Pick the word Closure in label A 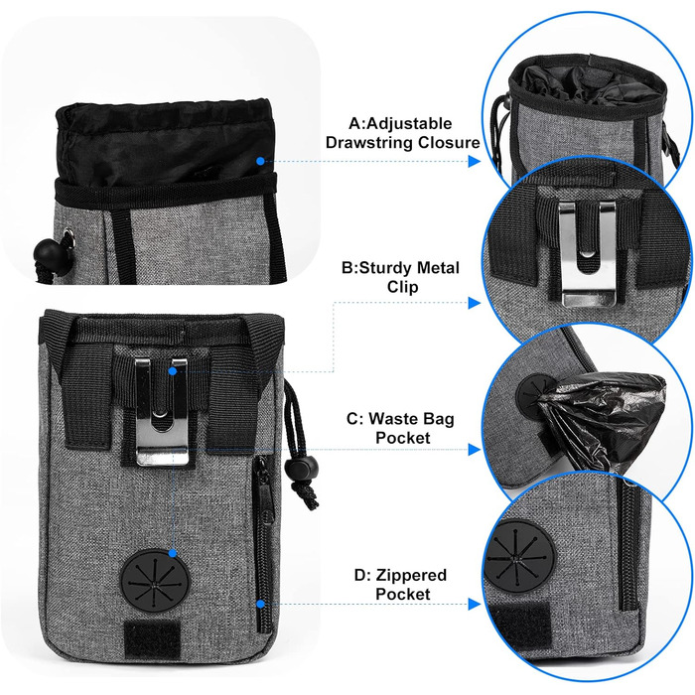point(446,143)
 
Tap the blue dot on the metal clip point(173,370)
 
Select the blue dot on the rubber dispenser point(173,553)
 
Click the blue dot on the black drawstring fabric point(259,159)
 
